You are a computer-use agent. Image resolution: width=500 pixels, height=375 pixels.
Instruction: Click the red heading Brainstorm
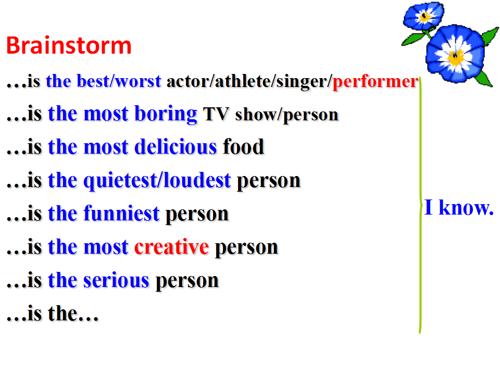(x=69, y=45)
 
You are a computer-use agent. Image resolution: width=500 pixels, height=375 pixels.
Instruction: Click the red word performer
(x=376, y=82)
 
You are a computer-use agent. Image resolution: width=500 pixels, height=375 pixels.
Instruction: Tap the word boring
(x=166, y=114)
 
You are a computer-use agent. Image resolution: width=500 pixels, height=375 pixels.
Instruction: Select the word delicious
(x=176, y=147)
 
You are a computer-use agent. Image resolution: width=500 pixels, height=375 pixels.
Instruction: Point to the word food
(x=244, y=147)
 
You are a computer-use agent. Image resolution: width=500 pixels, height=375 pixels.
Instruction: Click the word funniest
(x=121, y=214)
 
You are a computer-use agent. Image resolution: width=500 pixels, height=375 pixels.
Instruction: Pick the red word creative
(x=171, y=247)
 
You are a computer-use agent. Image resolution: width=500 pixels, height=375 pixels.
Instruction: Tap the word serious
(x=116, y=280)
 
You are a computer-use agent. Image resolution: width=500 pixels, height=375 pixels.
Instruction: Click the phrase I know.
(x=459, y=208)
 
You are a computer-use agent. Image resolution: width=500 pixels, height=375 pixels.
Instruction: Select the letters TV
(x=216, y=114)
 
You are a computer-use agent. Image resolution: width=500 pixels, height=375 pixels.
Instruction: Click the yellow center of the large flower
(x=455, y=57)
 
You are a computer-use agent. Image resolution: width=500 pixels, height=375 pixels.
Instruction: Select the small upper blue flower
(x=423, y=16)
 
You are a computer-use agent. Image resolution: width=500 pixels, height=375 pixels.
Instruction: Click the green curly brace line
(x=420, y=205)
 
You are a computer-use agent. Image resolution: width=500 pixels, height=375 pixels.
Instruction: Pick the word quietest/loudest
(x=157, y=181)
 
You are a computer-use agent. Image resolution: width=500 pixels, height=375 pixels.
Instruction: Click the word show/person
(x=286, y=115)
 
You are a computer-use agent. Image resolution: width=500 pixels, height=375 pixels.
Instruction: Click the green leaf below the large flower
(x=484, y=79)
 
